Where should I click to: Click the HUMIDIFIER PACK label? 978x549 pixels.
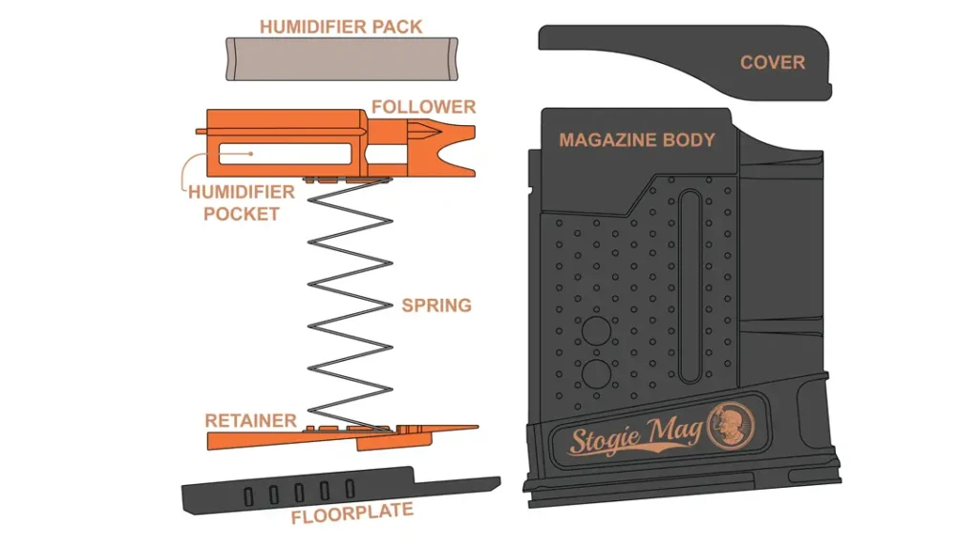[341, 26]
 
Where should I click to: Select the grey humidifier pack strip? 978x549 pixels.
[341, 59]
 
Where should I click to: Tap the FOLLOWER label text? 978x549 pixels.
[423, 106]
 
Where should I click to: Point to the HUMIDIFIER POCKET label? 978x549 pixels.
[241, 202]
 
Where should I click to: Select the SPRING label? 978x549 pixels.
[436, 306]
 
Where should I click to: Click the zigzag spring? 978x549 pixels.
[349, 306]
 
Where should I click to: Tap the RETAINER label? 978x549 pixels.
[250, 420]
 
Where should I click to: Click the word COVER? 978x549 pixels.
[772, 63]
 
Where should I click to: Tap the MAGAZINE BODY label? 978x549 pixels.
[636, 140]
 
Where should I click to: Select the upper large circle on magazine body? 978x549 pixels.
[597, 332]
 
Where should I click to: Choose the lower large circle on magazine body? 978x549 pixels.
[597, 371]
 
